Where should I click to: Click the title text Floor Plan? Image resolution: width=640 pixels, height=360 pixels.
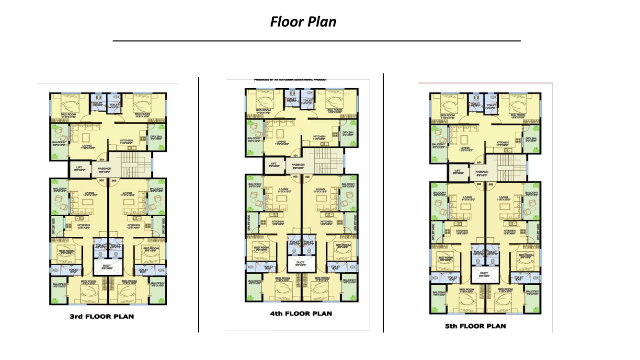click(303, 22)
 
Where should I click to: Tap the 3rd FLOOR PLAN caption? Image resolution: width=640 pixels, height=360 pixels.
click(102, 316)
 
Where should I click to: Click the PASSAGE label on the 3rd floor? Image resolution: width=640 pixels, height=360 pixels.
click(104, 169)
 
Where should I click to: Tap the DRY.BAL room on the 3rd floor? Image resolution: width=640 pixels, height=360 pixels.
click(157, 138)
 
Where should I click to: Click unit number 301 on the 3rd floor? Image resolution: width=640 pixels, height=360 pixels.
click(102, 160)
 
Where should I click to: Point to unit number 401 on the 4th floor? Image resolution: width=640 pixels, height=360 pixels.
click(296, 156)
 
